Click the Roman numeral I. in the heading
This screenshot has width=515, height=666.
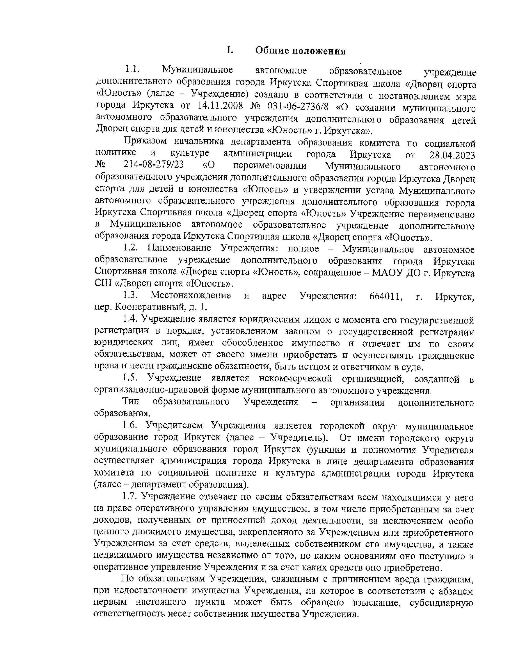[x=230, y=50]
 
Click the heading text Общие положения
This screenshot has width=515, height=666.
[x=301, y=51]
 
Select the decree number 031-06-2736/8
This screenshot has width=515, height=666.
[x=297, y=107]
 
